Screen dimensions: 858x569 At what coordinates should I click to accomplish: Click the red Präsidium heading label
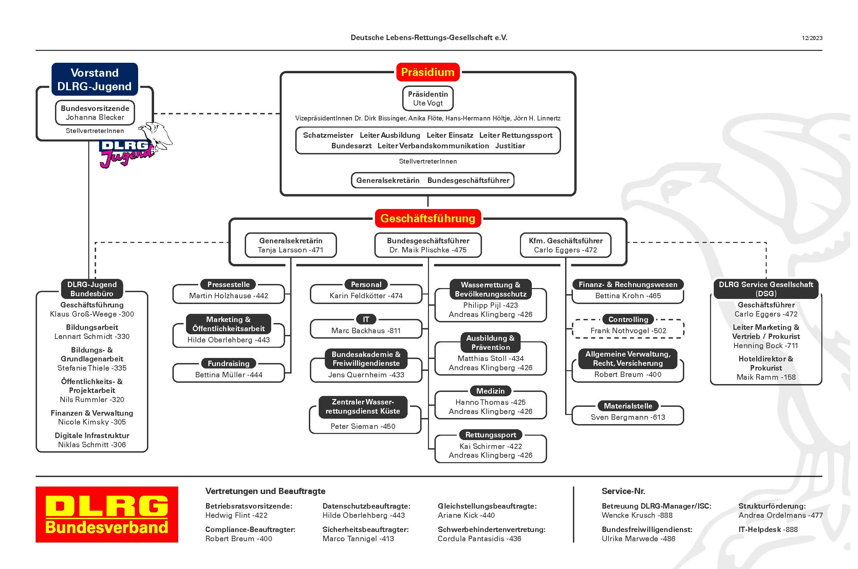click(428, 72)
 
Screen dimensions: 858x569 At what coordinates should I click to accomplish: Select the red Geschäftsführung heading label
click(428, 218)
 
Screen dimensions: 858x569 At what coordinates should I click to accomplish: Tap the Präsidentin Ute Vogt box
click(428, 98)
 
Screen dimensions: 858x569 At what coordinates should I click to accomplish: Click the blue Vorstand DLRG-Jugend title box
click(95, 79)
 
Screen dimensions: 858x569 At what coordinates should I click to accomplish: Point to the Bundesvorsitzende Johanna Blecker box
click(95, 113)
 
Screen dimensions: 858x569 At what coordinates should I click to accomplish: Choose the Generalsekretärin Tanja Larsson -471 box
click(291, 245)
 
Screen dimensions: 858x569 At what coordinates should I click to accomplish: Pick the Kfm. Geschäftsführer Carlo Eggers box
click(565, 245)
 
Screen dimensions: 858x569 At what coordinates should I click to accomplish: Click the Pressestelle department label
click(229, 284)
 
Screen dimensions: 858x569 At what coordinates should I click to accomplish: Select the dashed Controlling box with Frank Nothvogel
click(628, 328)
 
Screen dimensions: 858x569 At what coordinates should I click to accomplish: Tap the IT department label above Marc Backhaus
click(366, 319)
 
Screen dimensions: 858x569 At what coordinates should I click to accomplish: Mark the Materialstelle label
click(628, 406)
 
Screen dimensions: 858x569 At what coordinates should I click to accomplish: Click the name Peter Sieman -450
click(363, 426)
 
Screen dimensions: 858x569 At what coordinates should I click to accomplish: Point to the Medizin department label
click(490, 391)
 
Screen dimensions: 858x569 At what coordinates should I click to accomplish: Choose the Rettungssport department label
click(491, 435)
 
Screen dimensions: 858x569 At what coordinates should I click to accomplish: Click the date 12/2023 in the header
click(812, 38)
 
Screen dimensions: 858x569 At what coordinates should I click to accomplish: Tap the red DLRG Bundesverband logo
click(107, 515)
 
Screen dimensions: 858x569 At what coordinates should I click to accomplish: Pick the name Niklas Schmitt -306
click(92, 444)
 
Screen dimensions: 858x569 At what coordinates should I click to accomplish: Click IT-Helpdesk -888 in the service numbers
click(768, 529)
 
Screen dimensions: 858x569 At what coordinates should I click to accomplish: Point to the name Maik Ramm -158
click(766, 377)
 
